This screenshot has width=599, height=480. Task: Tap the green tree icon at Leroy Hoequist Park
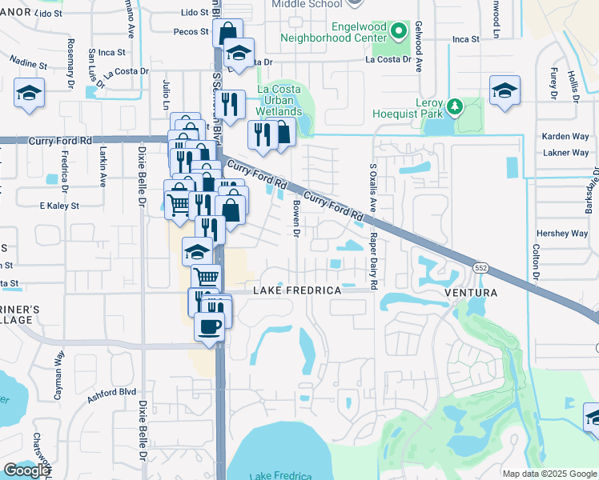pyautogui.click(x=456, y=106)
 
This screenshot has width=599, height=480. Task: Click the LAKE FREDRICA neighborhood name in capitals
pyautogui.click(x=297, y=291)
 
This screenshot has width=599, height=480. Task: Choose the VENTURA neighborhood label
pyautogui.click(x=471, y=293)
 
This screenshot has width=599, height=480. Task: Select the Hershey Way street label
pyautogui.click(x=561, y=234)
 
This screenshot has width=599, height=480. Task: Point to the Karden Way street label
pyautogui.click(x=565, y=137)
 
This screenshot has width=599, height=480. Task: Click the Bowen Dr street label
pyautogui.click(x=295, y=218)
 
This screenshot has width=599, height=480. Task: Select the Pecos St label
pyautogui.click(x=190, y=33)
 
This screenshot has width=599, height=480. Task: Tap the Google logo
pyautogui.click(x=26, y=470)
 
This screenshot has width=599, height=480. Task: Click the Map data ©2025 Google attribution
pyautogui.click(x=549, y=474)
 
